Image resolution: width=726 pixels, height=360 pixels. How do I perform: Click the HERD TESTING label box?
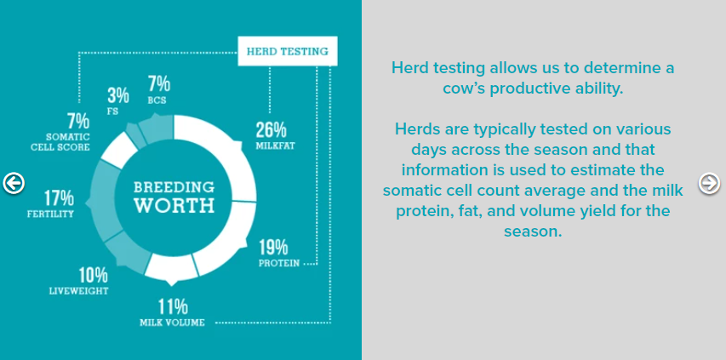pos(288,51)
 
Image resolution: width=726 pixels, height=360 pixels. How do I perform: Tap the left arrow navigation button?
pos(14,183)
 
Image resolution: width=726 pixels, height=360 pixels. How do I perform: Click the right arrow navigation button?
pos(709,183)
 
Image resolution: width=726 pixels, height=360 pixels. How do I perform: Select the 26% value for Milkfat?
pos(272,130)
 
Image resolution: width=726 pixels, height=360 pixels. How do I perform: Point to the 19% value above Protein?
pos(273,248)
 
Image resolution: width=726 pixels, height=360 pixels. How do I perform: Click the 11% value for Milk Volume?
pos(173,306)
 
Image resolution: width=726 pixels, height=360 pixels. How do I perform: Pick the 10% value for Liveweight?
pos(93,276)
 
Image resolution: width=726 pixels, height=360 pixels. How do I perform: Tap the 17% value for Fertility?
pos(59,198)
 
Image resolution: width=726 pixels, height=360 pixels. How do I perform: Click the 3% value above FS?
pos(118,96)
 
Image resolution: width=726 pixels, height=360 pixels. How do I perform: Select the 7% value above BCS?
pos(159,84)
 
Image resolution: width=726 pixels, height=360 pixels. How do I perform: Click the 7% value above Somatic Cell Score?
pos(77,121)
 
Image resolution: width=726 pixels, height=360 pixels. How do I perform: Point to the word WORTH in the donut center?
pos(174,205)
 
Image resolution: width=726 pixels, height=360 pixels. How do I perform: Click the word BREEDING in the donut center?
pos(174,187)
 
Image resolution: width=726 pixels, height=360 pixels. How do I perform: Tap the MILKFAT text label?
pos(276,146)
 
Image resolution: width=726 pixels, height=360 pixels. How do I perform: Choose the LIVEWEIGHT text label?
pos(78,291)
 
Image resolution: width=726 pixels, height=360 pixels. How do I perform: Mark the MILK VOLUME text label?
pos(172,323)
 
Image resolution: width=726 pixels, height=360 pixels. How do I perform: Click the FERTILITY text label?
pos(50,214)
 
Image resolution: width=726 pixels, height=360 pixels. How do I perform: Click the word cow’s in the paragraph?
pos(465,89)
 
